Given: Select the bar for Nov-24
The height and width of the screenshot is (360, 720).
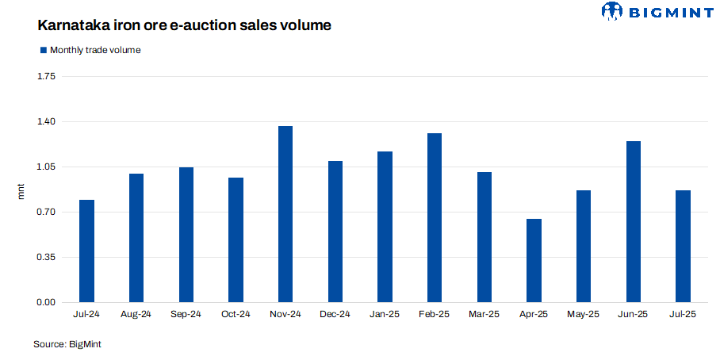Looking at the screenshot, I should pos(285,214).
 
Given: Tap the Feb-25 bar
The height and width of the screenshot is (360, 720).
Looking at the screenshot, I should pos(435,217).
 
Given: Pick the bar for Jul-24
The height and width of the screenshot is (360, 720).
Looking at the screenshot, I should pos(86,251).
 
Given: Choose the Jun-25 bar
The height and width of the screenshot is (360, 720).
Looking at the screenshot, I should pos(633,221).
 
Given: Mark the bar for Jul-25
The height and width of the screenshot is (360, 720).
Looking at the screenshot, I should pos(683,246).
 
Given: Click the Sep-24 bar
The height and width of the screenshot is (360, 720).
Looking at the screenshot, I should pos(186,235).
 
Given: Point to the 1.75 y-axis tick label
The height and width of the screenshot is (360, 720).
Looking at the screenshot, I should pos(46,77).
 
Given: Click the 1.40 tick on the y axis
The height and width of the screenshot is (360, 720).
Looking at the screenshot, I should pos(46,122).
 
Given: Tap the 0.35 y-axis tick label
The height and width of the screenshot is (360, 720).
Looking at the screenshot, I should pos(46,258).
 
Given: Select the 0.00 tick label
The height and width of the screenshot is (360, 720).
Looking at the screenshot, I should pos(46,303).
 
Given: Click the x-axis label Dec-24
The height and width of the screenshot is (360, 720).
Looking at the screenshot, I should pos(335,315).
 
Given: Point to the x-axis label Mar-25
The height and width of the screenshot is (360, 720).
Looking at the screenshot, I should pos(484,315).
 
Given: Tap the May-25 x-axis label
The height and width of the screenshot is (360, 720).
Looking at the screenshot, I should pos(583,315).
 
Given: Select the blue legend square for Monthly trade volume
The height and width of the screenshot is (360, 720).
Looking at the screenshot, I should pos(44,50).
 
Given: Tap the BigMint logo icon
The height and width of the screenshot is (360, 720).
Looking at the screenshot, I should pos(614,11).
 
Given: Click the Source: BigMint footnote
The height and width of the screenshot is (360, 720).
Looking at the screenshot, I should pos(67,344).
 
